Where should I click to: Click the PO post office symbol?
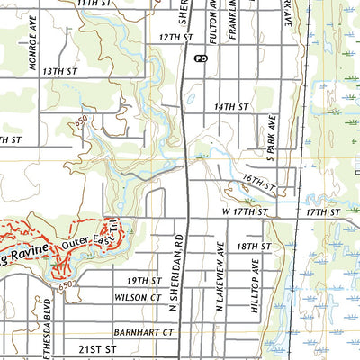coord(200,58)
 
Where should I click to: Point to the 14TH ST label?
coord(230,106)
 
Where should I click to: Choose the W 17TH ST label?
coord(246,212)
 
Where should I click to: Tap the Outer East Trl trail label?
coord(90,236)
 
